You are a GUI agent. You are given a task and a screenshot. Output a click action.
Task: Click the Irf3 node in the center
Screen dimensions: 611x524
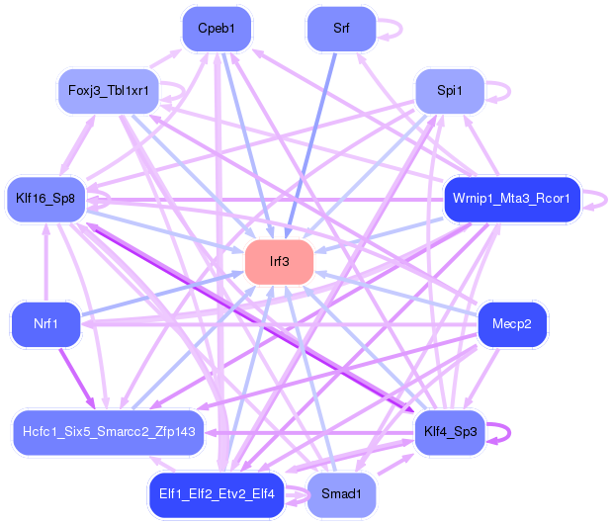coord(279,262)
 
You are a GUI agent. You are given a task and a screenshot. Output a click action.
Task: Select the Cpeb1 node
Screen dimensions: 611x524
coord(217,29)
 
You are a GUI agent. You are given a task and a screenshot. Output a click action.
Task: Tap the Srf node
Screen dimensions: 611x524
coord(341,29)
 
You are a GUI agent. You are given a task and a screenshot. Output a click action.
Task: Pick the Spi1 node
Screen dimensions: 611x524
coord(450,91)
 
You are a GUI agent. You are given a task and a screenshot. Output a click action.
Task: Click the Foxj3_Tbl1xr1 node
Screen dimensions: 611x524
coord(109,91)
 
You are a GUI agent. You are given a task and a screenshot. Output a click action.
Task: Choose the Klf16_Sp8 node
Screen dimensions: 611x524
coord(46,199)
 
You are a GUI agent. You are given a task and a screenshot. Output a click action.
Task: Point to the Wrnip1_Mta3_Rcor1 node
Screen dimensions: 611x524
coord(511,199)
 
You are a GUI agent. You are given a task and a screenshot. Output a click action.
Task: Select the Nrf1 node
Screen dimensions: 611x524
coord(46,324)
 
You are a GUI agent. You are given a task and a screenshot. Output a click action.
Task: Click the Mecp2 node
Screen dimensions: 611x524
coord(511,324)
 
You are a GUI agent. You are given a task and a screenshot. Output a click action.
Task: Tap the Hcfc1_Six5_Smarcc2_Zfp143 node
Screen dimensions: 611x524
coord(109,432)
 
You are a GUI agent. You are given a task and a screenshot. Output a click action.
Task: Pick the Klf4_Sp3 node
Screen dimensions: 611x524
coord(451,432)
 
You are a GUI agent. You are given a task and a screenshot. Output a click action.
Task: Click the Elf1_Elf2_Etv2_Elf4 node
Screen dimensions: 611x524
coord(217,494)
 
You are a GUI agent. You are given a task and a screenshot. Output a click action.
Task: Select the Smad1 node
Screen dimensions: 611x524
coord(341,494)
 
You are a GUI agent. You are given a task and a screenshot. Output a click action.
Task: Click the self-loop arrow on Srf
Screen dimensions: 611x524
coord(401,29)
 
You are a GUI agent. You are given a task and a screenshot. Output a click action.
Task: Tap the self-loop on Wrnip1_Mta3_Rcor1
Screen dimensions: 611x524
coord(606,200)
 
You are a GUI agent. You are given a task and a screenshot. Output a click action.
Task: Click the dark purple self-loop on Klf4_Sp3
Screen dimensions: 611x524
coord(509,432)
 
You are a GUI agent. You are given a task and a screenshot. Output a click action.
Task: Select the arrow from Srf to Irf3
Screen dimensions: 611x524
coord(310,145)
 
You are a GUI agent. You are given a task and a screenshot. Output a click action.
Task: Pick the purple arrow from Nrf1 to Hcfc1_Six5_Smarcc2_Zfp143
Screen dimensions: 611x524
coord(77,379)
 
